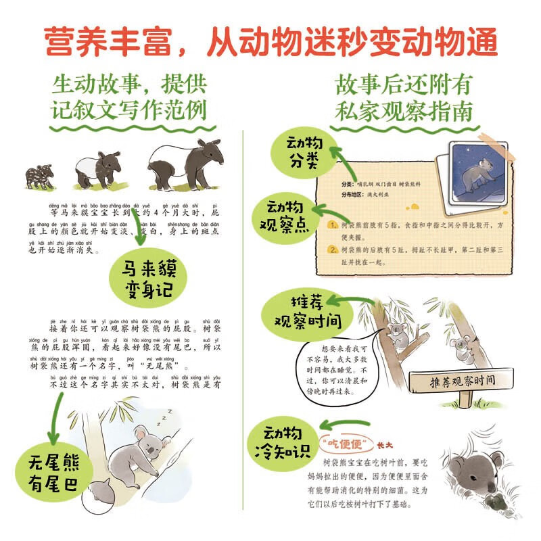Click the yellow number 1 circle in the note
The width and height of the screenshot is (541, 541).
pos(331,225)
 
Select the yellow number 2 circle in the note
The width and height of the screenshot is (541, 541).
pos(331,250)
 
